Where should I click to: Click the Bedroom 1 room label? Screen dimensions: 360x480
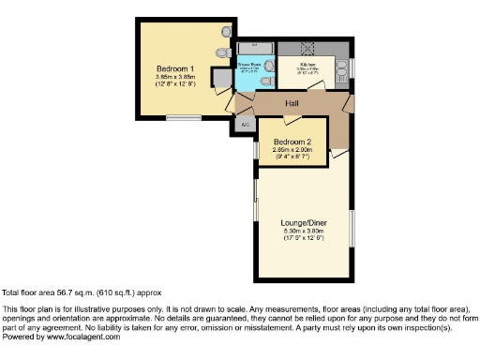tap(175, 69)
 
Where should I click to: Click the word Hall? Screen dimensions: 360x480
tap(292, 103)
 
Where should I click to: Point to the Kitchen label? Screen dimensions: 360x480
tap(308, 65)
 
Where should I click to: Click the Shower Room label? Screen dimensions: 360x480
tap(250, 66)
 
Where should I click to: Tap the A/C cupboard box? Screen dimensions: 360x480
tap(246, 124)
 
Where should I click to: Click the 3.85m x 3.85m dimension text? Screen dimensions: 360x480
tap(175, 78)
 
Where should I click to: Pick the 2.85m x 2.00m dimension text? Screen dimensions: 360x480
tap(292, 150)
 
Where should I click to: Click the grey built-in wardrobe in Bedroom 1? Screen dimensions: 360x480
tap(222, 78)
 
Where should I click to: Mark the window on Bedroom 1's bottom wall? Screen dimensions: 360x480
tap(181, 117)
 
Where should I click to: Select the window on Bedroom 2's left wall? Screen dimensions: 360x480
tap(256, 150)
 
